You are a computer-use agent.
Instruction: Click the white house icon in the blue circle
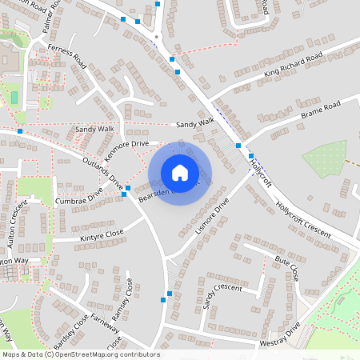[x=180, y=172]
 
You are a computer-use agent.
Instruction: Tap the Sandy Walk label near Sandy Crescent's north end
[x=196, y=122]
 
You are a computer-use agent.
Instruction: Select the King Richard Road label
[x=293, y=65]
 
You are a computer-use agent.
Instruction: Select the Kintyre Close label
[x=102, y=234]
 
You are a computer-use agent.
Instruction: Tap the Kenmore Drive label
[x=128, y=144]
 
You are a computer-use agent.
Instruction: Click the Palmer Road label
[x=53, y=13]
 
